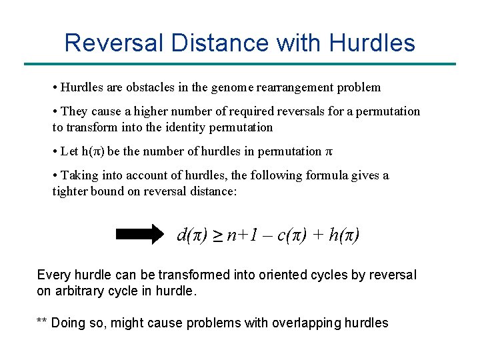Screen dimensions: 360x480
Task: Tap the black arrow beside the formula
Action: (139, 235)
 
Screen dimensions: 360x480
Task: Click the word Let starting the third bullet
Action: (69, 151)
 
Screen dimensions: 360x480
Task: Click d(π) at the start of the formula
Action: (192, 235)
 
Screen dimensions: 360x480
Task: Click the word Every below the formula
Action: (52, 275)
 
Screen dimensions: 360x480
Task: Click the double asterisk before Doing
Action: (41, 323)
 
